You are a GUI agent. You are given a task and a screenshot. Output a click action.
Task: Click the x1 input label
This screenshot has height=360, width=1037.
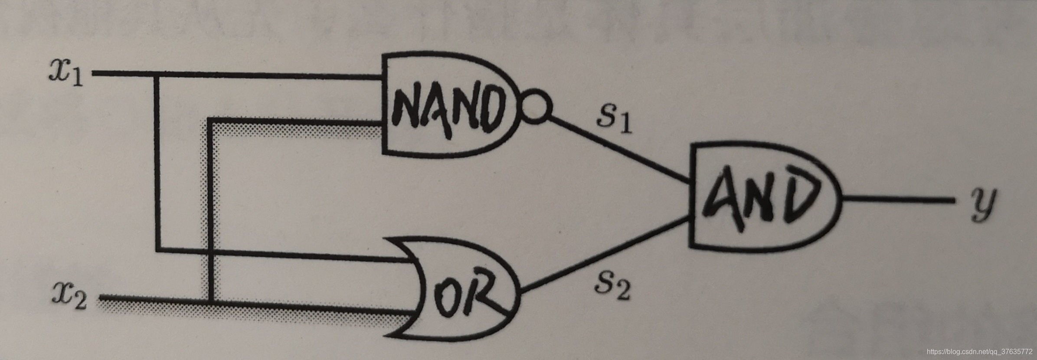(66, 74)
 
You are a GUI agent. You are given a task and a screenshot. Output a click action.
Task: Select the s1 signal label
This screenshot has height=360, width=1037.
(614, 118)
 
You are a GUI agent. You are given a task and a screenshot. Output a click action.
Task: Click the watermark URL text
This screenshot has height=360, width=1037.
(978, 351)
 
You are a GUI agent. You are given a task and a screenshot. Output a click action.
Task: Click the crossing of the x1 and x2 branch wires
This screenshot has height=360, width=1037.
(211, 251)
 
